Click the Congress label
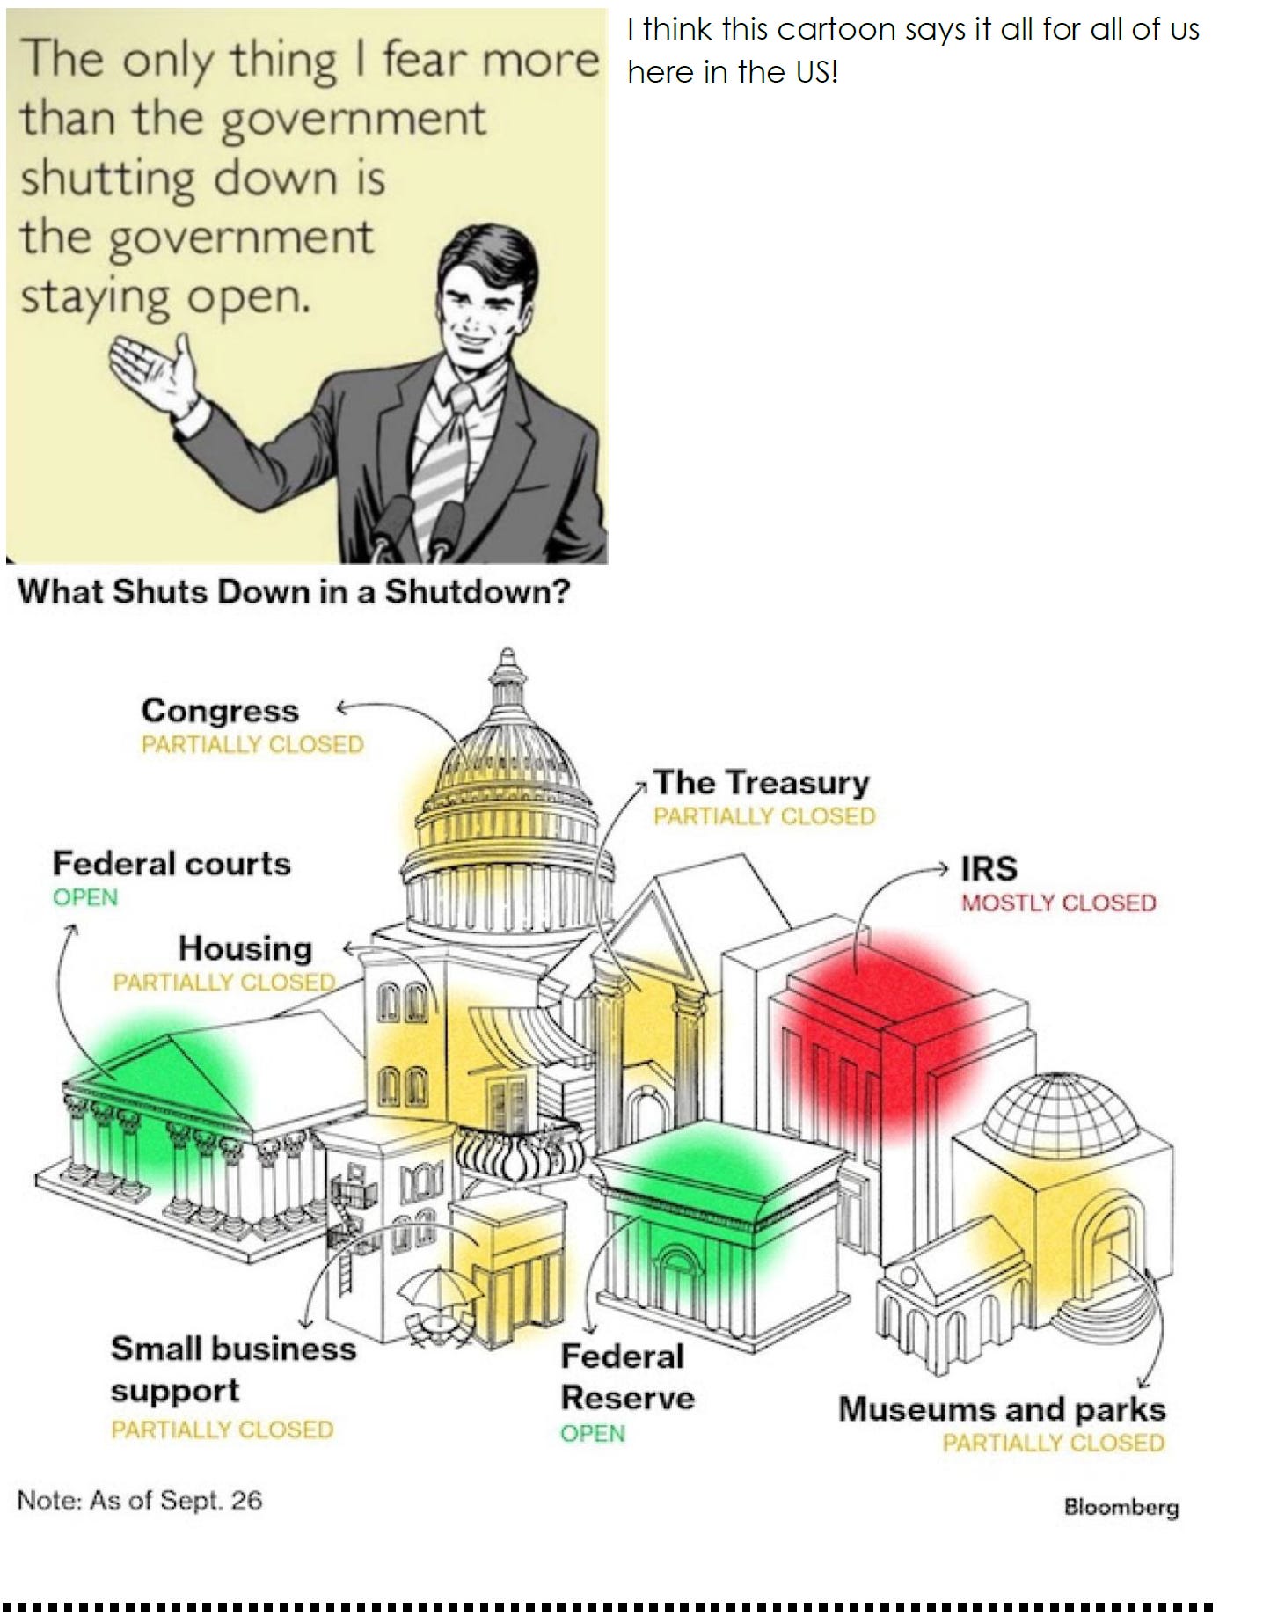point(220,710)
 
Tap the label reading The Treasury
point(761,781)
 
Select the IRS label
point(989,868)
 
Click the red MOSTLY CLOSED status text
point(1058,903)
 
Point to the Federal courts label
point(172,863)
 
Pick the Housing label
point(245,948)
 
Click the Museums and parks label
point(1002,1408)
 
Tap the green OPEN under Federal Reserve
point(593,1433)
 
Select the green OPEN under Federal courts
point(85,898)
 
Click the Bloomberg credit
point(1121,1507)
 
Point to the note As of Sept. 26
point(140,1500)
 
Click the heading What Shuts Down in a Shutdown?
point(294,591)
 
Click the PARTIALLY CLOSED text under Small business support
point(222,1430)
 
